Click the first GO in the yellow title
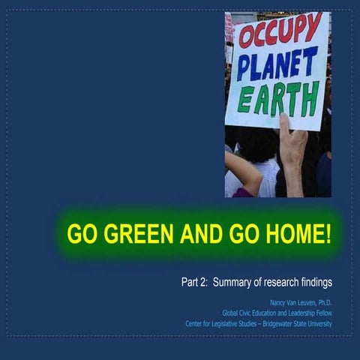[x=82, y=234]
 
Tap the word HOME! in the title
[x=297, y=234]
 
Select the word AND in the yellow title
[x=199, y=234]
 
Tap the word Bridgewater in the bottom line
[x=267, y=323]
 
